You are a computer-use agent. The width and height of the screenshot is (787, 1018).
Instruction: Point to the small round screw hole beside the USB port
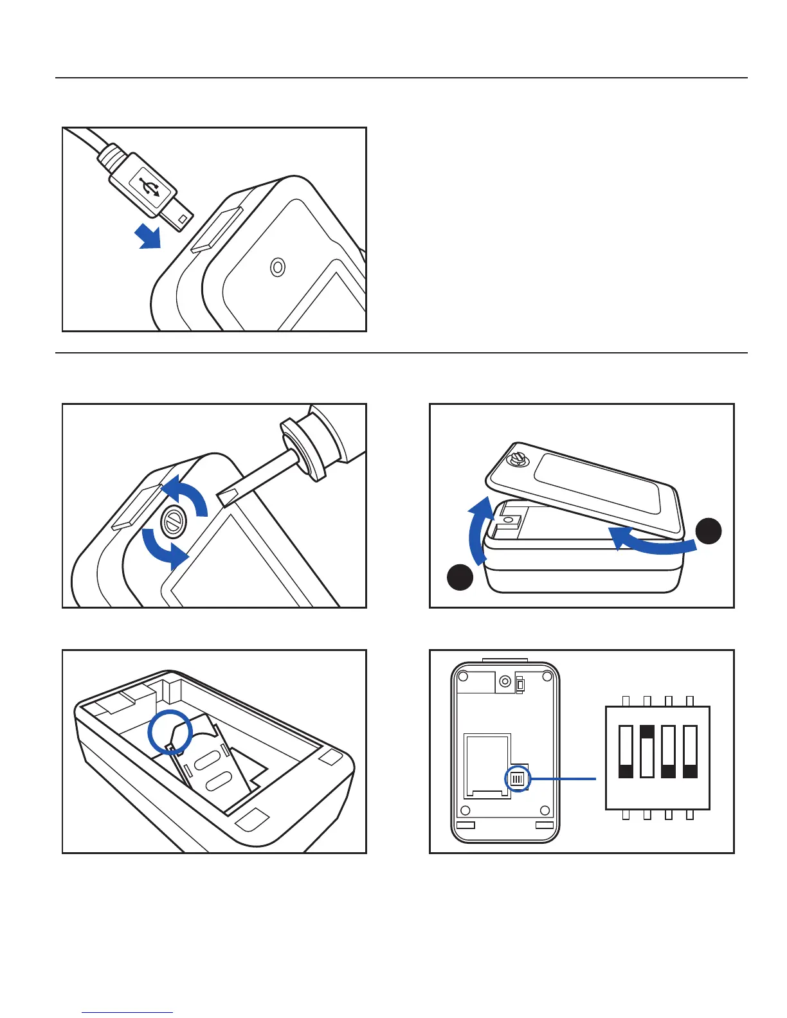278,267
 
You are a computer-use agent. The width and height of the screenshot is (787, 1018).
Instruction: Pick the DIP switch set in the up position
647,751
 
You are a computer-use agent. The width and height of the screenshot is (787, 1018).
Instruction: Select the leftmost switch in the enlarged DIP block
626,751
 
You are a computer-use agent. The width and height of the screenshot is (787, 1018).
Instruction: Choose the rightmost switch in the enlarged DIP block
690,751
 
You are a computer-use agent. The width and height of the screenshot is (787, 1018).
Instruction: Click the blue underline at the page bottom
127,1013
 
